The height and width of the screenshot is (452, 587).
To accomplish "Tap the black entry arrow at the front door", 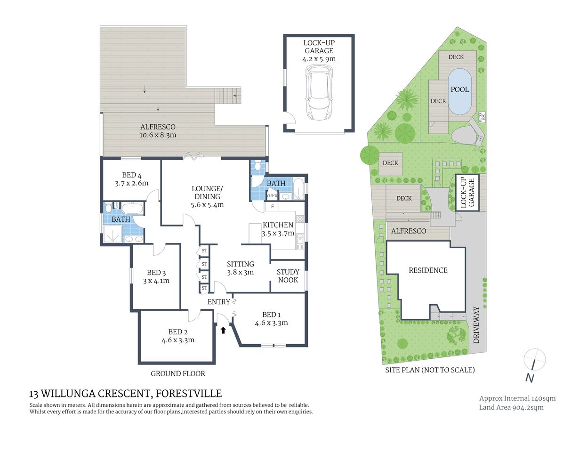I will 223,330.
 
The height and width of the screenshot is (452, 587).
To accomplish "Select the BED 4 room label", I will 131,175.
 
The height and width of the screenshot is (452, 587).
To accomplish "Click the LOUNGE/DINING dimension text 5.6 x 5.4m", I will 207,205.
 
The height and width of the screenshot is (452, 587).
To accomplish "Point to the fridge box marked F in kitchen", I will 272,207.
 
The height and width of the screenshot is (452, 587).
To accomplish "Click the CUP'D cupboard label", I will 272,195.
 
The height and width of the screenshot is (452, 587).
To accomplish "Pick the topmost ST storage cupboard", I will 204,251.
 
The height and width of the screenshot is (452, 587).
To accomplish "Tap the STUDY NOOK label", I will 288,276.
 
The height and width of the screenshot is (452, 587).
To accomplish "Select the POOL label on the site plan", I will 459,89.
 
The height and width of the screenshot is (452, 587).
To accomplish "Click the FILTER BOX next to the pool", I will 481,116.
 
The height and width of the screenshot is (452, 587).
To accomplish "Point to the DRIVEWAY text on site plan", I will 476,325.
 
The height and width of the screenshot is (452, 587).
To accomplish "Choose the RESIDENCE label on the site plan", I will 428,270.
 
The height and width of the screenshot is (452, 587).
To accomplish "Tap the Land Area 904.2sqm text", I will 511,407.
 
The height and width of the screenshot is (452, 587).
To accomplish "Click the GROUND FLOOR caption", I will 178,373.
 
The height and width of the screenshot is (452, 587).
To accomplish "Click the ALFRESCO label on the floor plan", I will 158,127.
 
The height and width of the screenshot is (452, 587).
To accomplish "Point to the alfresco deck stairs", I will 228,96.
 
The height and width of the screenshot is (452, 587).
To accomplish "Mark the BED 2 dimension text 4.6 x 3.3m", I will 178,340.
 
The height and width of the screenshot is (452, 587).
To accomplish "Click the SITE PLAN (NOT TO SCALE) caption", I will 430,370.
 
